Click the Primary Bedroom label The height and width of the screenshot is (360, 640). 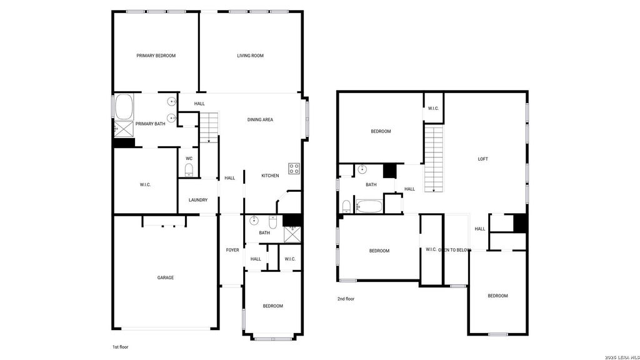(x=156, y=56)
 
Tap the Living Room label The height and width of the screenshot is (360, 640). (x=250, y=56)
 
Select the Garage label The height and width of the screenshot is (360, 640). (x=166, y=277)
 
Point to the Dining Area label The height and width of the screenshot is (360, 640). (x=260, y=119)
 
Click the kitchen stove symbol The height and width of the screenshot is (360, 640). (x=294, y=168)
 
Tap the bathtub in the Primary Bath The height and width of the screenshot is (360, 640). (x=124, y=107)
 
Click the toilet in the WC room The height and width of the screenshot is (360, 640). (x=189, y=169)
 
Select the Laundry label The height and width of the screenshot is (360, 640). (x=198, y=200)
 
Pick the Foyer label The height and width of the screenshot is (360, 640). (x=232, y=250)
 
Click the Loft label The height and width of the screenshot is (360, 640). (x=483, y=159)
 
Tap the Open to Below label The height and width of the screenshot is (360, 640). (x=455, y=250)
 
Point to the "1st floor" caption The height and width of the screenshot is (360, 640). (x=121, y=347)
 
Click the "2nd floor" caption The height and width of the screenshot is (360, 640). (x=346, y=299)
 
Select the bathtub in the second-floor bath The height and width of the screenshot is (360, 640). (x=369, y=206)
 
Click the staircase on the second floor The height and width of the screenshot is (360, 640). (x=434, y=158)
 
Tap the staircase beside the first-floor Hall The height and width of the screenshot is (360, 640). (x=209, y=127)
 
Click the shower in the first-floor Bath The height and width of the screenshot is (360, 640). (x=292, y=235)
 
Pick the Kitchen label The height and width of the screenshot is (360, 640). (x=270, y=176)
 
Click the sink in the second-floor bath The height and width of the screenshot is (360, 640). (x=362, y=169)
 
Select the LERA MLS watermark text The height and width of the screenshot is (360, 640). (x=622, y=357)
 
